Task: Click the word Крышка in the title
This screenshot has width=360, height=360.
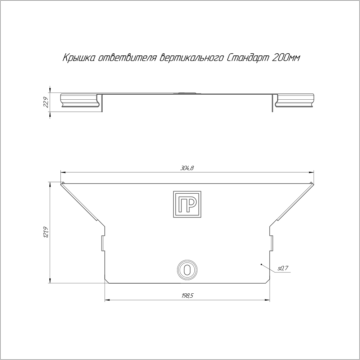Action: coord(78,58)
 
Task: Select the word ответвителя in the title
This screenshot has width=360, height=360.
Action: coord(127,58)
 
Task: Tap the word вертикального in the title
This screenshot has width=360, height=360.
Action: coord(191,58)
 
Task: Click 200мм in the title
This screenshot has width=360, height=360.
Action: coord(285,58)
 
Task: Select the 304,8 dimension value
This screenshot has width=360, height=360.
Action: coord(187,168)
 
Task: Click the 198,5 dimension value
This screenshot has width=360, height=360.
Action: coord(187,296)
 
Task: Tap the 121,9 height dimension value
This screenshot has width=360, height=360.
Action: coord(46,233)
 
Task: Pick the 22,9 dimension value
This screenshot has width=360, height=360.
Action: coord(46,102)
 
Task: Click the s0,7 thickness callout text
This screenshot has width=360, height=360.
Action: coord(281,268)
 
